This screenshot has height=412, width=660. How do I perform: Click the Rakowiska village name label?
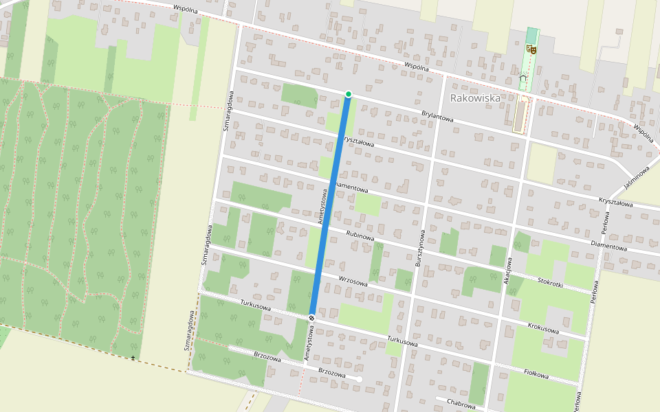[475, 98]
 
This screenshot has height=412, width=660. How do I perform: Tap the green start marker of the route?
[349, 94]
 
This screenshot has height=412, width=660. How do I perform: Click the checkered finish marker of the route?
[311, 317]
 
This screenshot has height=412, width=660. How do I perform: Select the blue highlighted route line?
[330, 206]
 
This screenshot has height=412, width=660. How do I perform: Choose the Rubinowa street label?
[360, 236]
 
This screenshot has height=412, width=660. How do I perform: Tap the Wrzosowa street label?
[353, 280]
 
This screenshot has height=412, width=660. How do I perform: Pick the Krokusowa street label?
[543, 328]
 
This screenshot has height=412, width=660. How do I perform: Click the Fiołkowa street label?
[536, 374]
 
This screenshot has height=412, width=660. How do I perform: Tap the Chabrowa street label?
[461, 405]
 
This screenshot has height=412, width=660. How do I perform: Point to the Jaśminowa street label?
[637, 177]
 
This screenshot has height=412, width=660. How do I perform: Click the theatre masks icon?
[530, 49]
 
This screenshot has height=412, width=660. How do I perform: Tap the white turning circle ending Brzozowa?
[359, 378]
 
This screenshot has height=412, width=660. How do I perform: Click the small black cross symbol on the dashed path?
[133, 358]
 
